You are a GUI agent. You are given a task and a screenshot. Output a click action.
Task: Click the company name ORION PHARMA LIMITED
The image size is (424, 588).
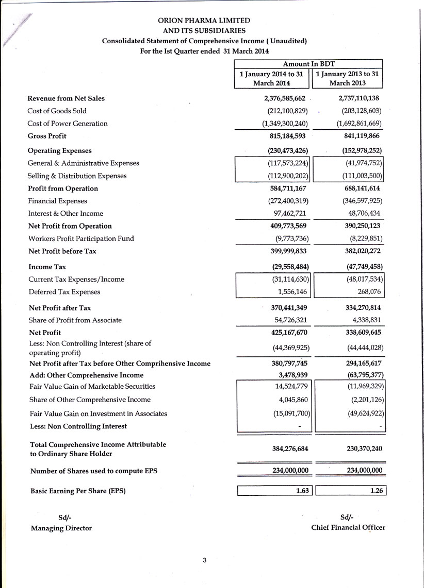[204, 21]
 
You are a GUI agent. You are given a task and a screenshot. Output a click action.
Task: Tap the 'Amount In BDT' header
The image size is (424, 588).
[309, 64]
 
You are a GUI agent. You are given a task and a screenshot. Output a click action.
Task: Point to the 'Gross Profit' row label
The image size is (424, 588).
[47, 136]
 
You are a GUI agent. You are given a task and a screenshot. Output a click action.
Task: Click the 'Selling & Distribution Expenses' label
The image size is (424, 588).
[77, 176]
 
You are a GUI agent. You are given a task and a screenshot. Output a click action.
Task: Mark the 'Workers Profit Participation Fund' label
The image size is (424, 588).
[80, 238]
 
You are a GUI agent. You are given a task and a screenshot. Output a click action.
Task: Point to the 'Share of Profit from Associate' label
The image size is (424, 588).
[75, 320]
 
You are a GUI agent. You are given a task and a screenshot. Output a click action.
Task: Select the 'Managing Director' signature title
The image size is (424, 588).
[61, 528]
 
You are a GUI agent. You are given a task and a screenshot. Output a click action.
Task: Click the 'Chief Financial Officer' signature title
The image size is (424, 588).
[348, 527]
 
